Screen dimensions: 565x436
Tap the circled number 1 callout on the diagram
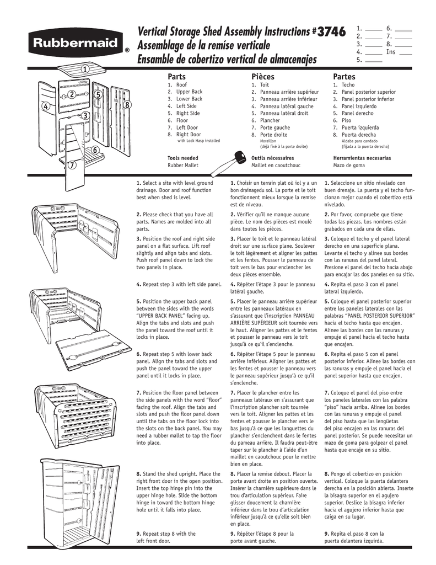[x=85, y=69]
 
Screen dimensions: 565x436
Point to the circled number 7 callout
[x=71, y=166]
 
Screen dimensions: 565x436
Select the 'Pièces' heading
[x=262, y=76]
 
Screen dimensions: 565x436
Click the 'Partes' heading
[x=344, y=76]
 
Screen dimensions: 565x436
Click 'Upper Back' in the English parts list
[x=189, y=92]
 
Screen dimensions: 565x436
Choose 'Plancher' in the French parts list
[x=270, y=120]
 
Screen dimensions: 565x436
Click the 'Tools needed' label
[x=182, y=158]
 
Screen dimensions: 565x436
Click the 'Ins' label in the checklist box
[x=390, y=52]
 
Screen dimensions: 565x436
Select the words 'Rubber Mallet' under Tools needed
[x=182, y=165]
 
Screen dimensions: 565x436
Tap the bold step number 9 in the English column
[x=138, y=534]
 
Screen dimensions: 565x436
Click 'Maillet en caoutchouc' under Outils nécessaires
[x=276, y=165]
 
